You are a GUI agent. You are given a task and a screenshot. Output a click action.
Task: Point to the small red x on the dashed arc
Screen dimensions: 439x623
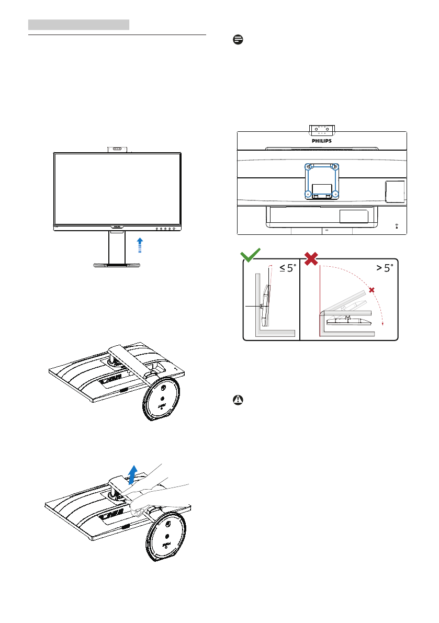[372, 290]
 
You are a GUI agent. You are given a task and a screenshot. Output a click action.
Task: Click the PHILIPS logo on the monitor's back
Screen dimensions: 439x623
[322, 140]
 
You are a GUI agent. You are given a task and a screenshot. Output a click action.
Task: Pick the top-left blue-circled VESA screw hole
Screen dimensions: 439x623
[308, 167]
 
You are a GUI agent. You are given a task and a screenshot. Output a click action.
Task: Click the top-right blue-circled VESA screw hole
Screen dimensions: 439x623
[335, 167]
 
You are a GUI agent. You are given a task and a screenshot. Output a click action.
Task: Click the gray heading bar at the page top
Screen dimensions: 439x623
[78, 25]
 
